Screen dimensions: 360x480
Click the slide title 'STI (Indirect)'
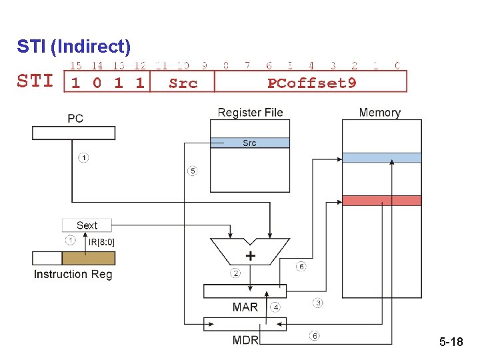(x=73, y=47)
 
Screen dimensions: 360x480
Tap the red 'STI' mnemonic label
(x=35, y=81)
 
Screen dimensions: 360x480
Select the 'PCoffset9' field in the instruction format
(x=311, y=83)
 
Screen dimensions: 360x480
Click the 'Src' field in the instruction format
(x=183, y=83)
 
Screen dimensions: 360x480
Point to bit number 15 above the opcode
(x=76, y=65)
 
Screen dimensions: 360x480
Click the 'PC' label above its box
(x=75, y=119)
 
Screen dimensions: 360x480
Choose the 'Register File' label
(x=250, y=112)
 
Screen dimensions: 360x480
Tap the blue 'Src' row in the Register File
(x=249, y=143)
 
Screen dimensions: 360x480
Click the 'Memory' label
(x=379, y=112)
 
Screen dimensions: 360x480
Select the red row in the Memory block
(x=381, y=201)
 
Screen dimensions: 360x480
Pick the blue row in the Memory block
(x=381, y=158)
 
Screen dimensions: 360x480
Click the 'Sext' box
(x=87, y=225)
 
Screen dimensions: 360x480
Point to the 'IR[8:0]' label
(x=101, y=241)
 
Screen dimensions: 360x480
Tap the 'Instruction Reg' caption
(x=73, y=274)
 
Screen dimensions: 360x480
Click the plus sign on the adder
(x=250, y=255)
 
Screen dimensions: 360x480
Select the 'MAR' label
(x=245, y=307)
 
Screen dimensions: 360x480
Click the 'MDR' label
(x=245, y=340)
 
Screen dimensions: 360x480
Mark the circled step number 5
(x=192, y=171)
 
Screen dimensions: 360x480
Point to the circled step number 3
(x=318, y=303)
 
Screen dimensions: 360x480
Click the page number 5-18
(x=451, y=342)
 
